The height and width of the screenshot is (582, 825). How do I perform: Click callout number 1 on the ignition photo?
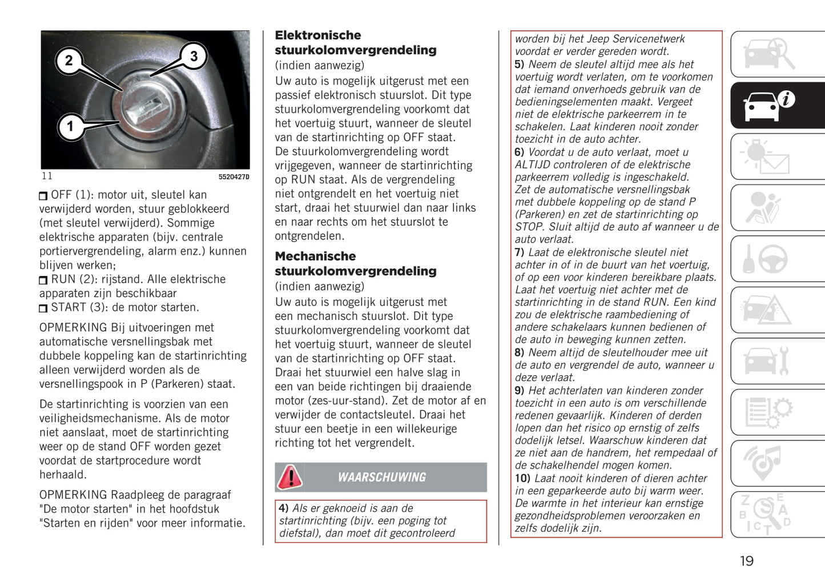click(x=70, y=126)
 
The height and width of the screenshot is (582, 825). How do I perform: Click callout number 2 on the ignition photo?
click(x=69, y=61)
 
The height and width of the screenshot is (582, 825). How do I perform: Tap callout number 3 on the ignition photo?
click(x=194, y=56)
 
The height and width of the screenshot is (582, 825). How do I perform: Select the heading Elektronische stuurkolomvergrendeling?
click(x=355, y=43)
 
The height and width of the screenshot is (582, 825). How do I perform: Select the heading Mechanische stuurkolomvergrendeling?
click(x=355, y=264)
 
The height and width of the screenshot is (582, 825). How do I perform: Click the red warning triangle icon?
click(x=290, y=477)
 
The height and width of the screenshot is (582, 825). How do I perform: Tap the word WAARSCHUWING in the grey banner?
click(x=382, y=477)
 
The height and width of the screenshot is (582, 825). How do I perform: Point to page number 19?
click(x=746, y=561)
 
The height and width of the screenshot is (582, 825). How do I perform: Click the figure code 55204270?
click(x=234, y=177)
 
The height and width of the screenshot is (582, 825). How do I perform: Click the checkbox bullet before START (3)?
click(x=43, y=308)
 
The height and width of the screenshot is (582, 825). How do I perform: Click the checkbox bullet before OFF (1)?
click(x=43, y=196)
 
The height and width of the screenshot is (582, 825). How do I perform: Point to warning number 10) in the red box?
click(x=522, y=479)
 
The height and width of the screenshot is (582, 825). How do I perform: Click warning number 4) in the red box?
click(x=284, y=508)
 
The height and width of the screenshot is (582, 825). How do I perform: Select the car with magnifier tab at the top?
click(x=768, y=54)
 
